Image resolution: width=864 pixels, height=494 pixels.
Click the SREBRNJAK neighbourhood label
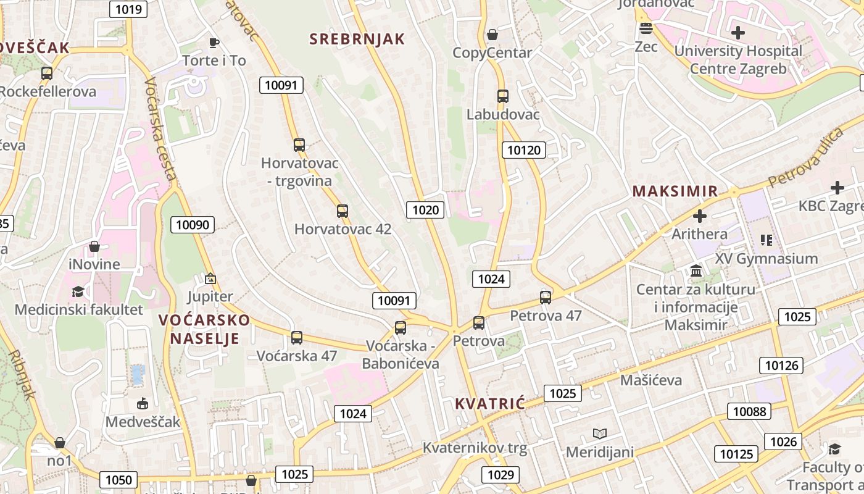[357, 39]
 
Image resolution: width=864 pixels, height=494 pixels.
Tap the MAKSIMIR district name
[675, 191]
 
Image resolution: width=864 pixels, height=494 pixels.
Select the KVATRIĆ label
[490, 404]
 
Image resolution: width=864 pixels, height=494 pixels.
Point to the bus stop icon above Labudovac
[503, 96]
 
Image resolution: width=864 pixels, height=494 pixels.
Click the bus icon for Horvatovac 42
[343, 211]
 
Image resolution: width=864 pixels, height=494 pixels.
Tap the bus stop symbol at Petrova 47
[546, 298]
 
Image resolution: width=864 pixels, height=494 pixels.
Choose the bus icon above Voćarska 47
[297, 338]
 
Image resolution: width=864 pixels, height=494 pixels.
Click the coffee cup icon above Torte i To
[214, 43]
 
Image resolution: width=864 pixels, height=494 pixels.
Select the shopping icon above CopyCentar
[492, 35]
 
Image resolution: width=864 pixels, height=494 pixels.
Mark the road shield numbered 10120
[524, 149]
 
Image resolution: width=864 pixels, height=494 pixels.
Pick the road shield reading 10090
[193, 225]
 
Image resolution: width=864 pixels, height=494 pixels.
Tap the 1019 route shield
[128, 9]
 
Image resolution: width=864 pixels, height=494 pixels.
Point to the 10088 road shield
[750, 411]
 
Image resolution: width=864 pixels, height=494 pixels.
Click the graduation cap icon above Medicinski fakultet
[78, 291]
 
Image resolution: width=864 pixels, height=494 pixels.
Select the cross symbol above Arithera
[700, 216]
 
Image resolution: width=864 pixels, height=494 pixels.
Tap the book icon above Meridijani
[600, 434]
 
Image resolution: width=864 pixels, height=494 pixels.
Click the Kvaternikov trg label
[475, 448]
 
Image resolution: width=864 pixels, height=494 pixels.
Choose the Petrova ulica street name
[806, 157]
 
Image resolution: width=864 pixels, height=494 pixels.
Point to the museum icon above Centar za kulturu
[696, 271]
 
